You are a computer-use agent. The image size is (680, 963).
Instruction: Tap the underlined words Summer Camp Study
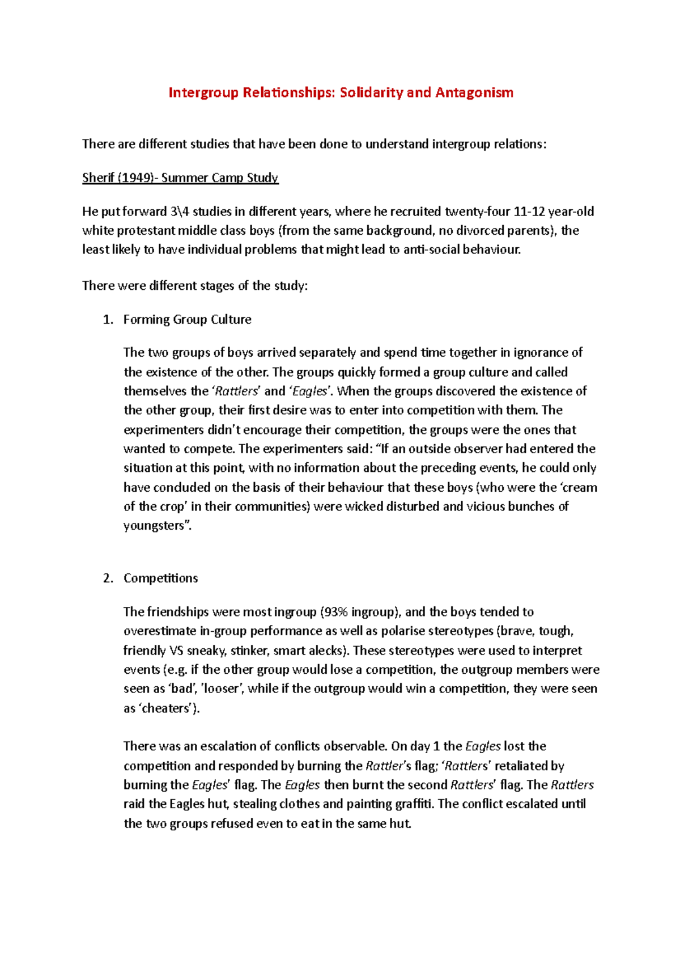tap(220, 178)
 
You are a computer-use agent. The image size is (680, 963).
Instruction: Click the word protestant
tap(147, 231)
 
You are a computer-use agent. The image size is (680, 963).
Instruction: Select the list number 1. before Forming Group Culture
tap(108, 320)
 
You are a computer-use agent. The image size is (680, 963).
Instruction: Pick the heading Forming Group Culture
tap(187, 320)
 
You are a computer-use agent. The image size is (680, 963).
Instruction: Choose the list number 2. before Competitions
tap(108, 578)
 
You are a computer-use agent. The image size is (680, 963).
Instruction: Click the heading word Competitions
tap(160, 578)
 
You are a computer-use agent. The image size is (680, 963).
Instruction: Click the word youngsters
tap(155, 526)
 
